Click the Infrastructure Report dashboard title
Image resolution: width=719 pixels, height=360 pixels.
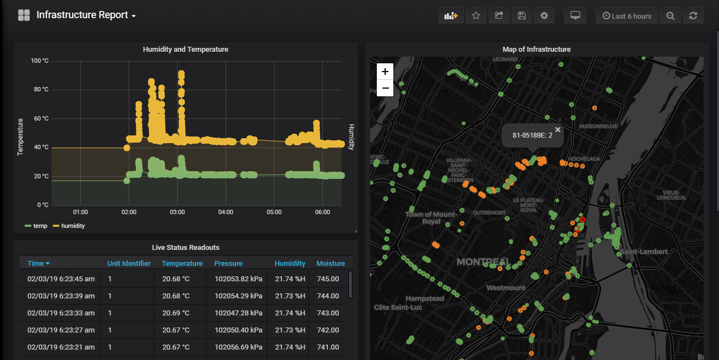(82, 15)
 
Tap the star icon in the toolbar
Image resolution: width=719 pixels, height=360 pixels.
(476, 15)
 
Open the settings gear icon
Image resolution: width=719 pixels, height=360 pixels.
(544, 15)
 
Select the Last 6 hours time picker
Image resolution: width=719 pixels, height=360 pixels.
(627, 16)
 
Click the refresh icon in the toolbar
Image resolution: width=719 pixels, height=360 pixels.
(693, 16)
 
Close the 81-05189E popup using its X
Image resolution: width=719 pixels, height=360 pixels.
(558, 129)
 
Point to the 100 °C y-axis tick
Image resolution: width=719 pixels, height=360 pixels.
(40, 61)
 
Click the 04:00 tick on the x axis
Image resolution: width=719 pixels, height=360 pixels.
(226, 212)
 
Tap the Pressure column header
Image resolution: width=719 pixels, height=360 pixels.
(228, 264)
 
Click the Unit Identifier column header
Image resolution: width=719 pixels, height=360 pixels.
(129, 264)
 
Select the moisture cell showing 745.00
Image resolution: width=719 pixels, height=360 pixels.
(328, 279)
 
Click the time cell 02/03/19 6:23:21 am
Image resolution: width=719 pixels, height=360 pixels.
(61, 347)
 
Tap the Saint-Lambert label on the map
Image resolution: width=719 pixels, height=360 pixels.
(644, 252)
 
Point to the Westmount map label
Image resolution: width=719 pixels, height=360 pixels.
(506, 288)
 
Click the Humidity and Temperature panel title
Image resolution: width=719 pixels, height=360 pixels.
(185, 50)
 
